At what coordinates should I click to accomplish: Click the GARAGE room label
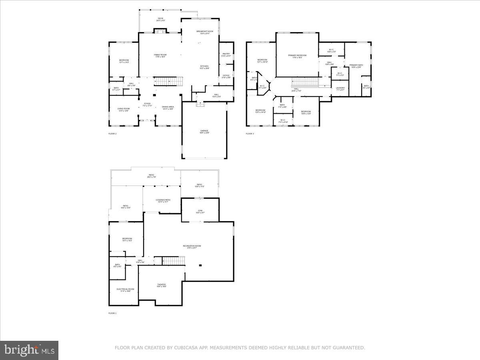pos(204,131)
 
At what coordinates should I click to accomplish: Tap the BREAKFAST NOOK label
pos(205,31)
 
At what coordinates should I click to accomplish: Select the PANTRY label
pos(226,54)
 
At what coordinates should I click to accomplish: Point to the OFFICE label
pos(226,75)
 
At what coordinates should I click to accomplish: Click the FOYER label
pos(147,104)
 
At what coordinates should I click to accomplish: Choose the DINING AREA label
pos(168,107)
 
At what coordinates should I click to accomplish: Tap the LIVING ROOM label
pos(123,109)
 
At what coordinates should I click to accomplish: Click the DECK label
pos(160,18)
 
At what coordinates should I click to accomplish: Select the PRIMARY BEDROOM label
pos(297,55)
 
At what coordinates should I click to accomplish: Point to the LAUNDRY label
pos(340,88)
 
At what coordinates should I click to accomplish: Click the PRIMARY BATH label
pos(356,65)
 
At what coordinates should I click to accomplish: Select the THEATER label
pos(161,284)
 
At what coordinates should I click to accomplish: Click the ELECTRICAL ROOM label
pos(125,289)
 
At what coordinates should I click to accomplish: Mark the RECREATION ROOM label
pos(192,246)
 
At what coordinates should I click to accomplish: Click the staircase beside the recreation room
pos(174,261)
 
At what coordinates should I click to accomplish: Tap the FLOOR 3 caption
pos(250,134)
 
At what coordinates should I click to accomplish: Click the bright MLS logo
pos(29,350)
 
